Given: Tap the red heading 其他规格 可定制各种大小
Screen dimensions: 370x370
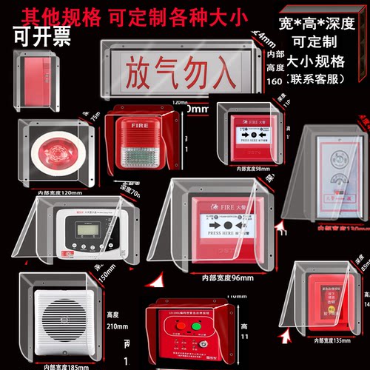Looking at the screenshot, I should (x=147, y=16).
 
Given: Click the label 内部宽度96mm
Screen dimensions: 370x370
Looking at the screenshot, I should (x=225, y=277).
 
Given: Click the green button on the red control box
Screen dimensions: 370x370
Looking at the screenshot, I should (x=197, y=325).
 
